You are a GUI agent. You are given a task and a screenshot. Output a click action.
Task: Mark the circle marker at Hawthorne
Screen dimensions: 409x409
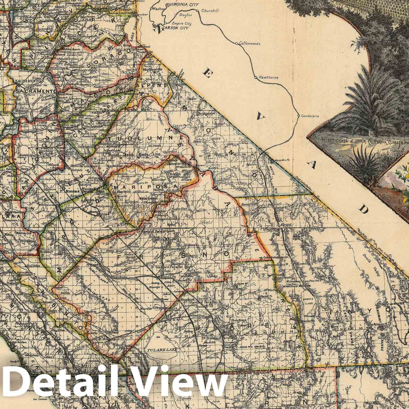pos(256,77)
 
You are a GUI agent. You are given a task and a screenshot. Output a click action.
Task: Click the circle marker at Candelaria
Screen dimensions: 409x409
pos(298,116)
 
